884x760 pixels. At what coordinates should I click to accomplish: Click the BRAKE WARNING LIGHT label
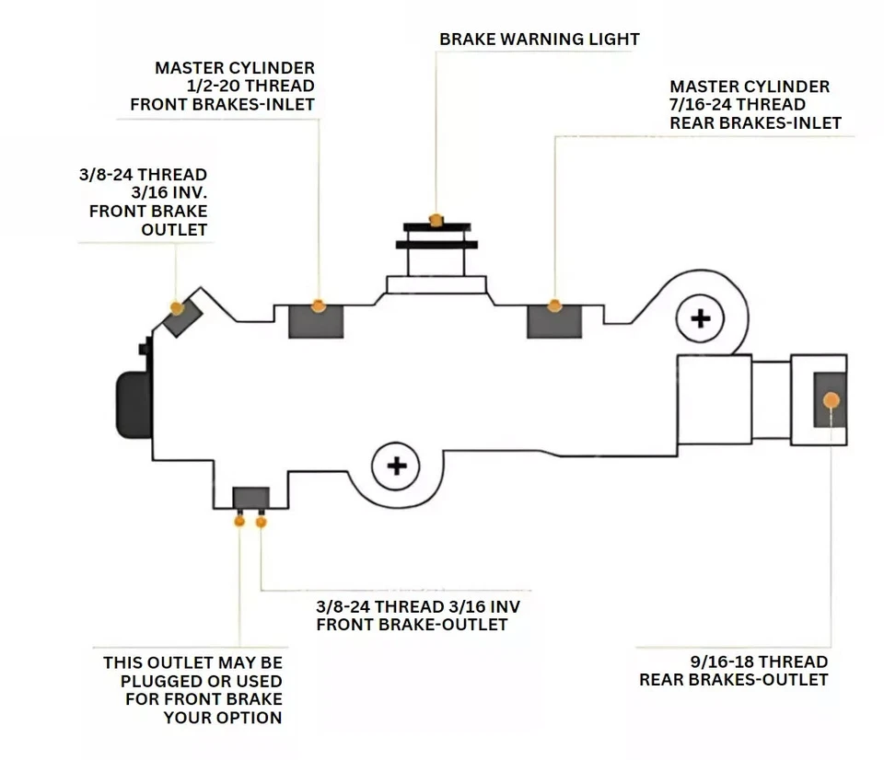(539, 39)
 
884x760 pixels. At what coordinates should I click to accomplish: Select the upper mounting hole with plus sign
(701, 319)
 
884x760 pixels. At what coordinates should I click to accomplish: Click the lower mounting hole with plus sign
(397, 466)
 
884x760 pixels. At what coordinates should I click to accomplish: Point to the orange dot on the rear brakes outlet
(831, 399)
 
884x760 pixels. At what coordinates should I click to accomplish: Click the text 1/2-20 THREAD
(250, 86)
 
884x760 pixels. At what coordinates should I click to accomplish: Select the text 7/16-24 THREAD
(738, 105)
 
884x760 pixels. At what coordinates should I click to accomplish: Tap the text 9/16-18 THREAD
(761, 662)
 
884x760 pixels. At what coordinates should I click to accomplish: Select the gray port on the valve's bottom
(250, 498)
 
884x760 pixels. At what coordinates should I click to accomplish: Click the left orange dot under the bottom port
(239, 522)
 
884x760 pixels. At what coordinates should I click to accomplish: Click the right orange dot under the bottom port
(262, 522)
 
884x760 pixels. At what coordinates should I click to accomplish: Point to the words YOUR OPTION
(223, 717)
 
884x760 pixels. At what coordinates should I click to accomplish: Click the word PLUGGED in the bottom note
(160, 680)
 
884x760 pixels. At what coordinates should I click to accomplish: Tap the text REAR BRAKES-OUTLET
(734, 680)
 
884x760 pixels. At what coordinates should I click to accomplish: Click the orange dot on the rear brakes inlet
(554, 305)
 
